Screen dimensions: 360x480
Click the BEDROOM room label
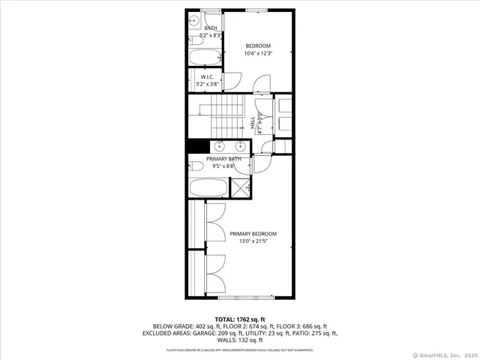pos(258,46)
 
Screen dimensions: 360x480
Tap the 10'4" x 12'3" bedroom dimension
pos(258,53)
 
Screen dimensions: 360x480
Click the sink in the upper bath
pos(193,20)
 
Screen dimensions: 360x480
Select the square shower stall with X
pos(241,187)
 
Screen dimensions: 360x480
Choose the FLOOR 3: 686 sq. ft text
pos(307,326)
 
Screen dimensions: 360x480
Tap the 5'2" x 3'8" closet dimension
pos(208,85)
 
